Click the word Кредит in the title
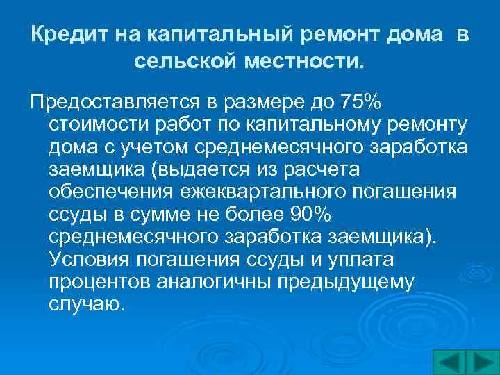coord(60,34)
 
